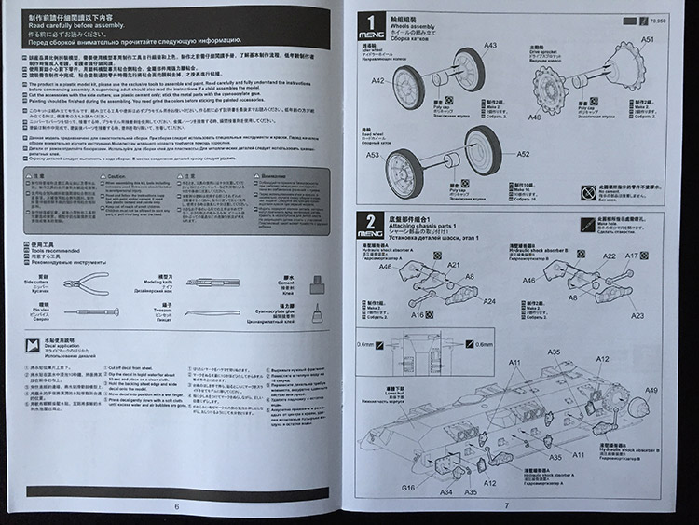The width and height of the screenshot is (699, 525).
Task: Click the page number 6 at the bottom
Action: pos(176,506)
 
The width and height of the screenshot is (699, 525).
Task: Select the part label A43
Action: pos(490,46)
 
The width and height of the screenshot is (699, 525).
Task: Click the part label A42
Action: pos(377,81)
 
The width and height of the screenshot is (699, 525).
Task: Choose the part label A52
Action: pos(523,153)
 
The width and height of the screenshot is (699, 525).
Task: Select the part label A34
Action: pos(446,491)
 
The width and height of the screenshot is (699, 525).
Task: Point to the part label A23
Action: pos(637,315)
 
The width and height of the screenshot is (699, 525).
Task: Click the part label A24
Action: pos(489,301)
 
